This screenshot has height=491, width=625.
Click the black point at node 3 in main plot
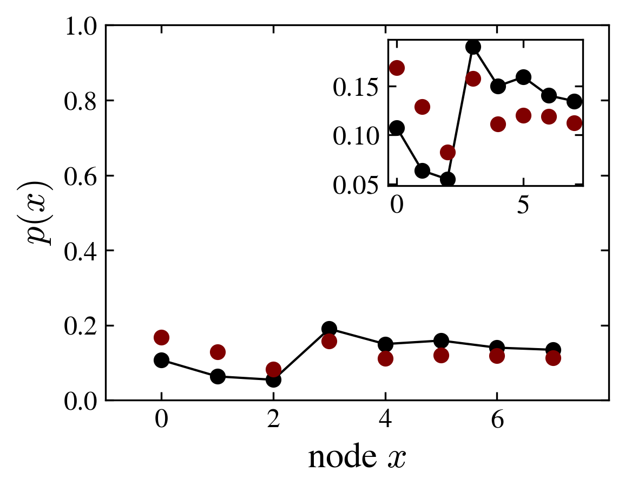[329, 329]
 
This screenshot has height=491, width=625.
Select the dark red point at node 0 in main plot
[161, 337]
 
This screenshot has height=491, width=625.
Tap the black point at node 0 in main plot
[161, 360]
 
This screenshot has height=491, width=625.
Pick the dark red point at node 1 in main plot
[218, 352]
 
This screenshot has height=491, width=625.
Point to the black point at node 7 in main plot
[553, 350]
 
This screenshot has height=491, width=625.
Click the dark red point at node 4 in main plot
[385, 358]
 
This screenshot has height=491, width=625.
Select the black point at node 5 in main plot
[441, 341]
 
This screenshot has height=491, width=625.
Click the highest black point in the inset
[473, 47]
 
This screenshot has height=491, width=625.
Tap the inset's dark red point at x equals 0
[397, 68]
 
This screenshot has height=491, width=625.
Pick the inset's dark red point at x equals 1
[422, 107]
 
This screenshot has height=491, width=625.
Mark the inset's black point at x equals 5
[523, 77]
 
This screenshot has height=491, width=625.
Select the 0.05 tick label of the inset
[354, 185]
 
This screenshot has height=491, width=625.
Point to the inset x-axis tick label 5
[523, 206]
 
